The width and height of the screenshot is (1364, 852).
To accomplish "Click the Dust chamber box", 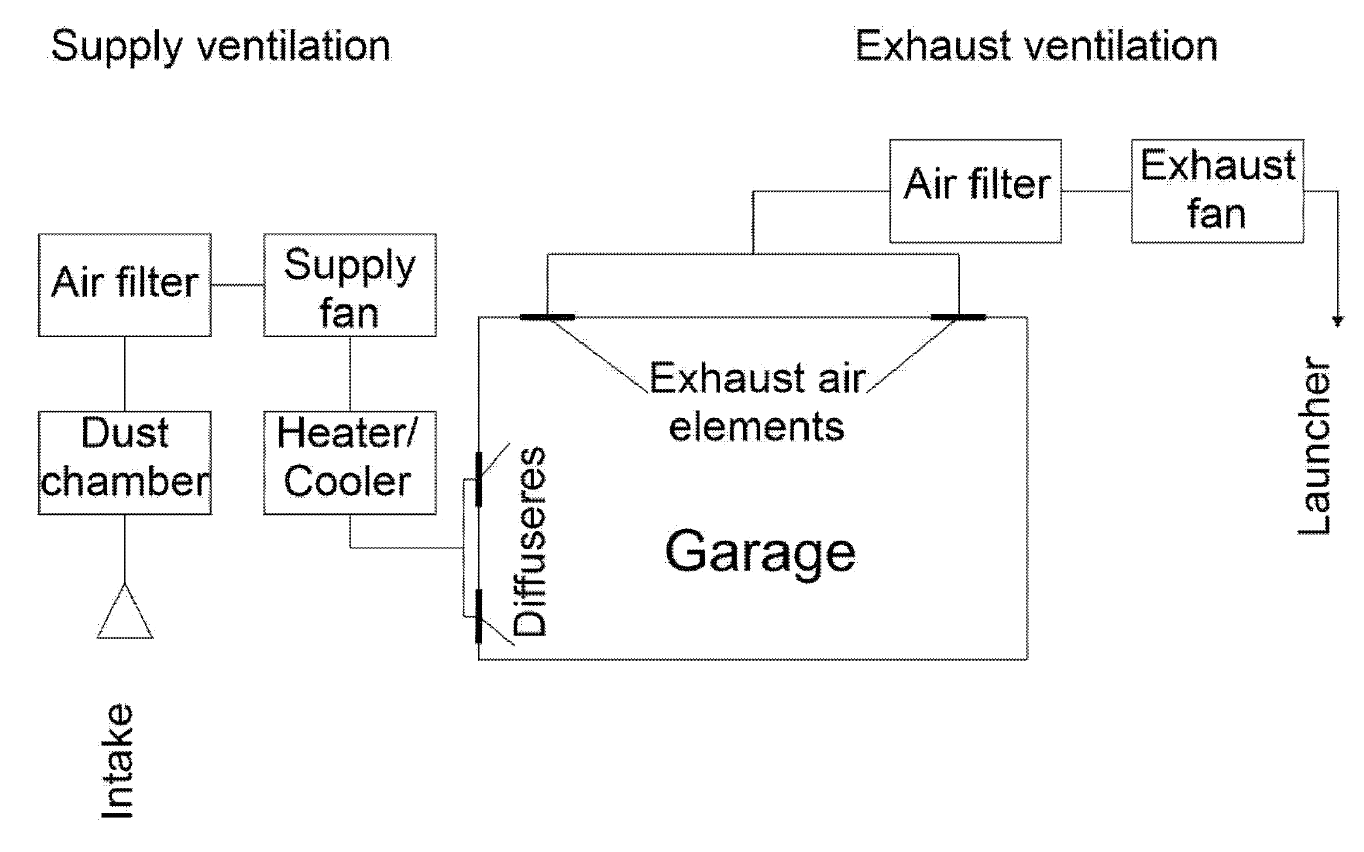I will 125,463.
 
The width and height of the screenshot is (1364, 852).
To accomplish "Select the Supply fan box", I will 350,285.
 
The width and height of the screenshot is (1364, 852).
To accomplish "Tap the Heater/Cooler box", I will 350,463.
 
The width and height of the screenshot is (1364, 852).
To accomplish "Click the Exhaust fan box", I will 1217,191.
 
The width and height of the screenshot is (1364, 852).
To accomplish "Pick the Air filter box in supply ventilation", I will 125,285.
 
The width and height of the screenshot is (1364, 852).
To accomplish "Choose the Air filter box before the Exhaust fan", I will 975,191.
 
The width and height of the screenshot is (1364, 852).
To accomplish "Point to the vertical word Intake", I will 117,761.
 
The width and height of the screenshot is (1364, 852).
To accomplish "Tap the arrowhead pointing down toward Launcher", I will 1337,321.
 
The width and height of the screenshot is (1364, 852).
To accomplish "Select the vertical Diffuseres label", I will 529,541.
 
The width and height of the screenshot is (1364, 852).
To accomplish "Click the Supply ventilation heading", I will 220,47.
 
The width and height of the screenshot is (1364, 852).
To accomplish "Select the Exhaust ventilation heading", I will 1036,47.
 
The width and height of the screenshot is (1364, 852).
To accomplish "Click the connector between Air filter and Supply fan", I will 237,285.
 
